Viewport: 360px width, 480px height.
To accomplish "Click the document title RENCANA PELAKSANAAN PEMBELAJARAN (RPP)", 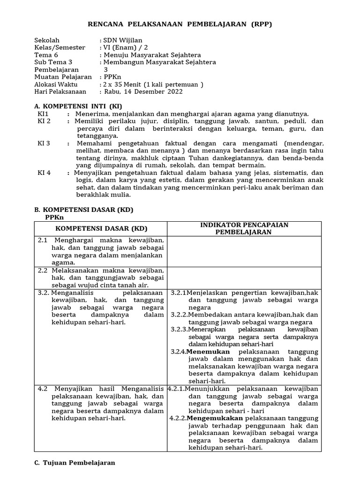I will pos(180,24).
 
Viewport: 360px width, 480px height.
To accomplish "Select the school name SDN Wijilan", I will pos(123,40).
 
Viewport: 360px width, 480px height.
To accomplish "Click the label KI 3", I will pos(44,143).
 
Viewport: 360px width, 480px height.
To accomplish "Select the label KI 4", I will pos(44,172).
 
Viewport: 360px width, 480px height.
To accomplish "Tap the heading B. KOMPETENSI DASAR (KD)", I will pos(84,210).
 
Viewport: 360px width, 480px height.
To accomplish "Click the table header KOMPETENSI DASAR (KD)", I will pos(101,228).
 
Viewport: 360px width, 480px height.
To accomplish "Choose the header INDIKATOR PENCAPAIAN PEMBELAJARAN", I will pos(245,228).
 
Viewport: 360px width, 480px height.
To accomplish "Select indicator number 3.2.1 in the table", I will pos(179,292).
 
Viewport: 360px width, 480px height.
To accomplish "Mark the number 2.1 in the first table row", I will pos(43,240).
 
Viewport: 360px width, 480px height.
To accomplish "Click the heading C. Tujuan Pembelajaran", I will pos(75,463).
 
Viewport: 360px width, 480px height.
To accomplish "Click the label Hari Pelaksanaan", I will pos(60,91).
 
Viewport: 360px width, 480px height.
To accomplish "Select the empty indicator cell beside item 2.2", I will pos(245,277).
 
